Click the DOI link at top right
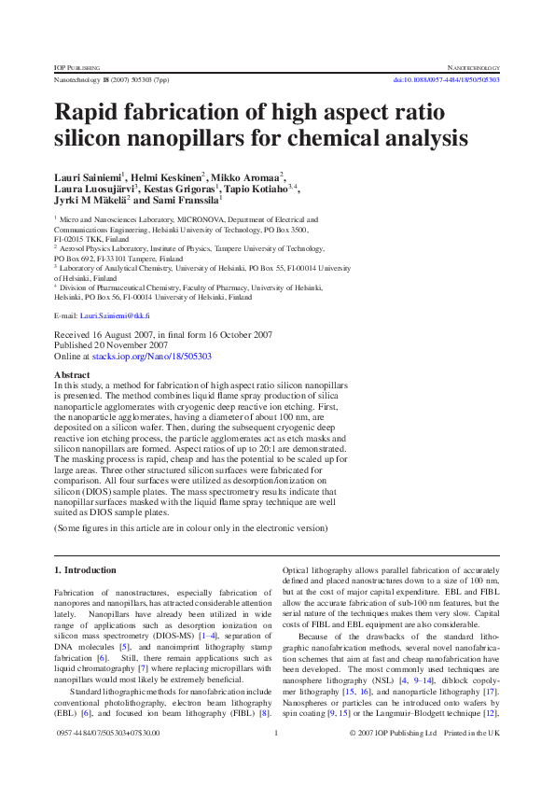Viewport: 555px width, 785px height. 446,80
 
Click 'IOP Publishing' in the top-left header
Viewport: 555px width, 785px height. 77,68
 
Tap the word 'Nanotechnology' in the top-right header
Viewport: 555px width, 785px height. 475,68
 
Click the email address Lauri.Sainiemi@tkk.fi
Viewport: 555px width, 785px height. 109,316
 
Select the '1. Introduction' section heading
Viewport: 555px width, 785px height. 85,569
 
